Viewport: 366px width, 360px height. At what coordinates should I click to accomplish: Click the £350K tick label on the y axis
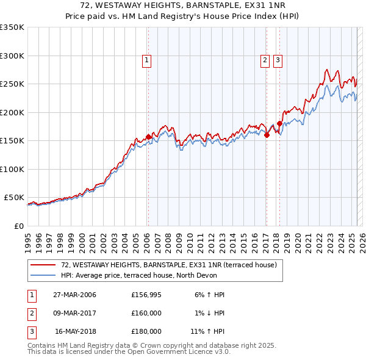point(12,27)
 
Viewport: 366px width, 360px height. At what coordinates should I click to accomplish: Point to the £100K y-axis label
point(12,169)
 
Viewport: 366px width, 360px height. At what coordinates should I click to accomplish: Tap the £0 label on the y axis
point(18,226)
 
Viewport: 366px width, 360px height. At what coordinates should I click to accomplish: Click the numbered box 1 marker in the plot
point(148,60)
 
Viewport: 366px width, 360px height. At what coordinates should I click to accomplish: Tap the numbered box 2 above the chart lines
point(265,60)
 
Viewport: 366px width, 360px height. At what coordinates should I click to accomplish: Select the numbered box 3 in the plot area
point(278,60)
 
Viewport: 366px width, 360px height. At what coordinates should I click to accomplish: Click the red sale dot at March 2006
point(148,137)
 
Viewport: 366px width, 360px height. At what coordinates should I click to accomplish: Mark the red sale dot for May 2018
point(279,124)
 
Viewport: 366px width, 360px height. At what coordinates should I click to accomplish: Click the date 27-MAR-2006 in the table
point(74,295)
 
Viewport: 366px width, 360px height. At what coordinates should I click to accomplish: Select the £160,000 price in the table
point(146,313)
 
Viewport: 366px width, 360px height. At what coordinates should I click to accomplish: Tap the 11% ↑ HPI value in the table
point(207,331)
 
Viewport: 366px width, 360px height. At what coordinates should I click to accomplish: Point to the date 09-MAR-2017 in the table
point(74,313)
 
